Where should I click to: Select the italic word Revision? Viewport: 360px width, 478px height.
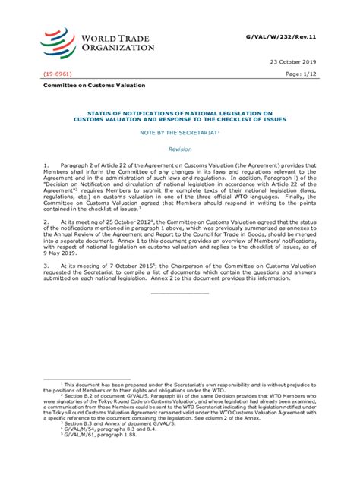tap(180, 149)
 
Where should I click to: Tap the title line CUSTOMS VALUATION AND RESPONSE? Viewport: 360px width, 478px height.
tap(180, 120)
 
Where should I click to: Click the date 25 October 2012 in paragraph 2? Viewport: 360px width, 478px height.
tap(110, 222)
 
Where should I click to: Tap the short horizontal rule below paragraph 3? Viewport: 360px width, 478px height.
tap(179, 293)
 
